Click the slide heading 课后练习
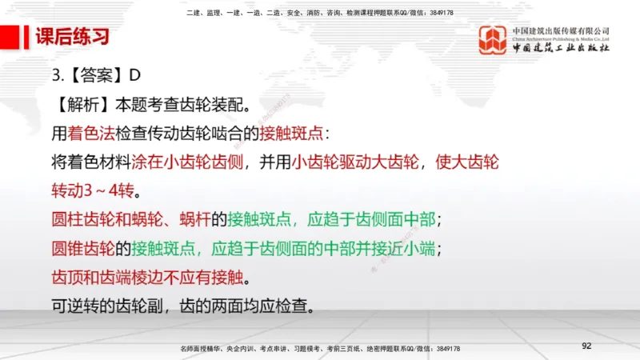tap(72, 37)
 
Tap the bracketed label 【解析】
tap(82, 104)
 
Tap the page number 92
tap(586, 346)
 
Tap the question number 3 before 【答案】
tap(56, 75)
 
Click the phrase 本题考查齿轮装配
tap(182, 104)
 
